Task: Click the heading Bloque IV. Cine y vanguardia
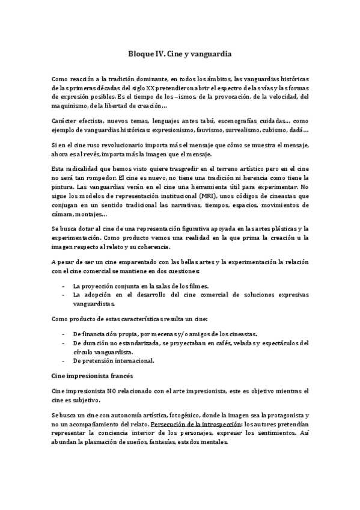[x=180, y=54]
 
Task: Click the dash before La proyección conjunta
[x=64, y=286]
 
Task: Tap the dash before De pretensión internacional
[x=64, y=360]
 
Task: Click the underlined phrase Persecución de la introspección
[x=197, y=424]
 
